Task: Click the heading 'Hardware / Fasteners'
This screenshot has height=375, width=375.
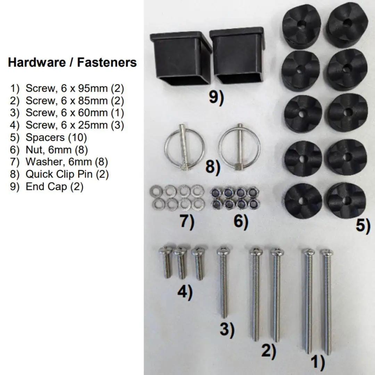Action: pyautogui.click(x=72, y=62)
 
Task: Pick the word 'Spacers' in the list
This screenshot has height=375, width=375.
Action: pyautogui.click(x=45, y=137)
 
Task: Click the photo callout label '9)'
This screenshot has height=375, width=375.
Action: pyautogui.click(x=216, y=98)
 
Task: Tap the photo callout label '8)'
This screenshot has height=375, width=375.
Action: pyautogui.click(x=212, y=167)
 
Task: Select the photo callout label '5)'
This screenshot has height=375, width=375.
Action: pyautogui.click(x=362, y=226)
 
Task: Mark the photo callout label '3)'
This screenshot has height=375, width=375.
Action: pyautogui.click(x=227, y=329)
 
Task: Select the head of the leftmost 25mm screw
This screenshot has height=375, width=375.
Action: pyautogui.click(x=166, y=250)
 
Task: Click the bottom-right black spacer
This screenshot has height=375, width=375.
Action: pyautogui.click(x=347, y=200)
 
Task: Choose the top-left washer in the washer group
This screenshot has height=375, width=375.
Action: pyautogui.click(x=154, y=191)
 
